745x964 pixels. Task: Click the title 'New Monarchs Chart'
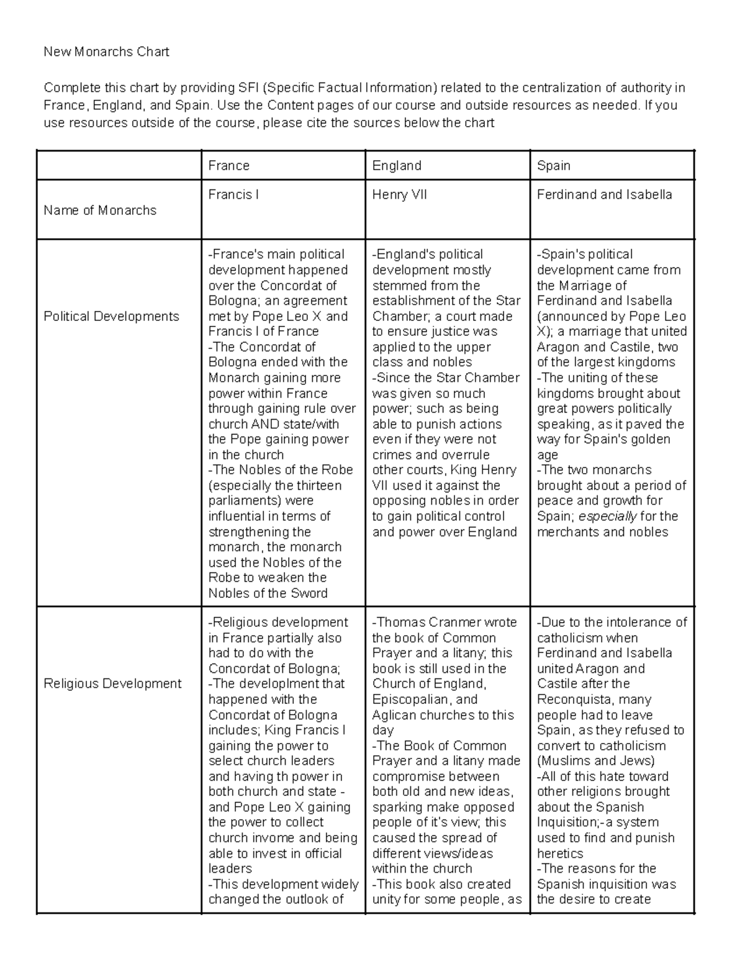click(x=106, y=52)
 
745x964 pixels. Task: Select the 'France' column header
click(x=228, y=166)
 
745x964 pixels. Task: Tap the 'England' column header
click(x=397, y=166)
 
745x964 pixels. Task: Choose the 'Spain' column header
click(x=553, y=166)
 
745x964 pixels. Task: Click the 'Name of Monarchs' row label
click(x=100, y=210)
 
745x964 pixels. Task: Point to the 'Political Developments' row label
click(x=111, y=317)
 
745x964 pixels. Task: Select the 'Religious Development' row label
click(x=112, y=684)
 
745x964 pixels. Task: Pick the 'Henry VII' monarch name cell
click(x=399, y=195)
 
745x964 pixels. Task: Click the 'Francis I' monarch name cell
click(x=233, y=195)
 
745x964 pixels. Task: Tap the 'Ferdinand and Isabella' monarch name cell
click(x=604, y=195)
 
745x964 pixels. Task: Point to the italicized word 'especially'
click(x=608, y=516)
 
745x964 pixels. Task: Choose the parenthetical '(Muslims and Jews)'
click(x=595, y=761)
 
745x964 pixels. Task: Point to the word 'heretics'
click(x=560, y=854)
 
